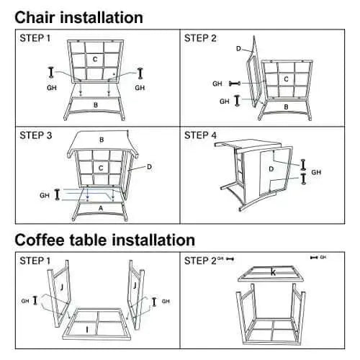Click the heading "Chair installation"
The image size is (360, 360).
[78, 18]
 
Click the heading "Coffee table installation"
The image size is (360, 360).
[105, 240]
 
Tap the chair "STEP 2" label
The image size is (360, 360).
[200, 38]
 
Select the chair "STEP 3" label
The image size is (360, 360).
[36, 135]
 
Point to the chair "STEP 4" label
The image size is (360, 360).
[200, 135]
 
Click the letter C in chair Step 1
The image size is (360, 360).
[95, 59]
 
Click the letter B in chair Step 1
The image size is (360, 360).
[96, 105]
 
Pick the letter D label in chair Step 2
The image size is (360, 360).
[238, 49]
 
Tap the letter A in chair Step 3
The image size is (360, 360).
[101, 208]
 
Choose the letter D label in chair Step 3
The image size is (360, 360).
[149, 167]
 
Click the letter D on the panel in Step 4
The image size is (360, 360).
[271, 169]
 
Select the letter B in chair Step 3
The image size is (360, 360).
[102, 140]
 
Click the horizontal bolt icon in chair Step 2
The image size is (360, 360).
[235, 84]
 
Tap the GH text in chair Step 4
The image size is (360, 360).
[316, 172]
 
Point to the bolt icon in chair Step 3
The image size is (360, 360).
[57, 194]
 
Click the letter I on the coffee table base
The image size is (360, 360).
[87, 330]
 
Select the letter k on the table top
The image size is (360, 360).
[273, 272]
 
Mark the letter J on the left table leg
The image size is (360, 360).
[62, 287]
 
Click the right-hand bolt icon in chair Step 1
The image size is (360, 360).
[140, 73]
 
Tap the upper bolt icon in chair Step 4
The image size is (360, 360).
[303, 165]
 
